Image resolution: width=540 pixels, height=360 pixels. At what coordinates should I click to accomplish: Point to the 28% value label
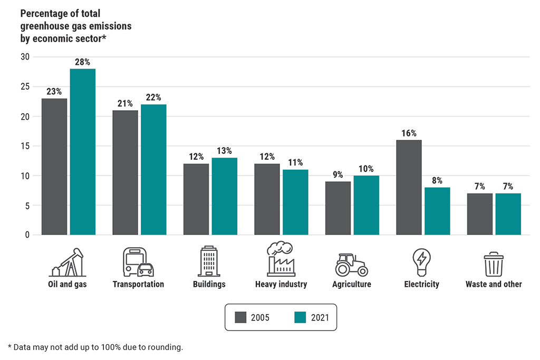click(83, 62)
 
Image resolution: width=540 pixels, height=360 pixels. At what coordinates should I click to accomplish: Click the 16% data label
click(409, 133)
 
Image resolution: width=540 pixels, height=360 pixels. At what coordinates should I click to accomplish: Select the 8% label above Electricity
click(437, 181)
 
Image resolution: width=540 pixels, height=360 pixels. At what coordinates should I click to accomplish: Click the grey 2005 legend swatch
click(241, 317)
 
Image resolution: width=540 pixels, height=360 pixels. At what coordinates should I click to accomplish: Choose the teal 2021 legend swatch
click(300, 317)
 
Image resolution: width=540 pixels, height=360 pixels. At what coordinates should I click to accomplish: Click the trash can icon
click(494, 264)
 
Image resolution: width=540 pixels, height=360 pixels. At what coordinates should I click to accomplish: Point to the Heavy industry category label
click(281, 285)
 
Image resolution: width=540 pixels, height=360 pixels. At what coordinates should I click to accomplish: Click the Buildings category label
click(209, 285)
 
